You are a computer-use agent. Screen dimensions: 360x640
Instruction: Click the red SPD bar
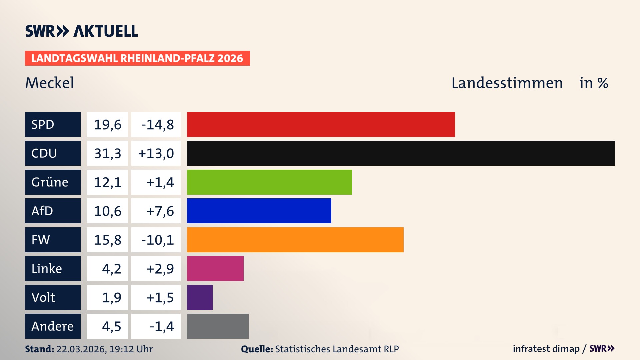point(321,124)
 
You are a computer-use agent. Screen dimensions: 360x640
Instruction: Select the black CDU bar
point(401,153)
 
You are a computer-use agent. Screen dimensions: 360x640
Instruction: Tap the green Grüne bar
point(269,182)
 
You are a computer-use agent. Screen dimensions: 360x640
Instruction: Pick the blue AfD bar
point(259,211)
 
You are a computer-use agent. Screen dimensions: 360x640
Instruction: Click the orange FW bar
point(295,240)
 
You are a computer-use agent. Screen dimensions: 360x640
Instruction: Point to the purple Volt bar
point(200,297)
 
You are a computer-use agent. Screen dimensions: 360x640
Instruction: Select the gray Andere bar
point(218,326)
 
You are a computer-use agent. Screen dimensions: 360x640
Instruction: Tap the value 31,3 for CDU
point(107,153)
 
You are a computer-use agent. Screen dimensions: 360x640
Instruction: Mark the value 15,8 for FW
point(107,240)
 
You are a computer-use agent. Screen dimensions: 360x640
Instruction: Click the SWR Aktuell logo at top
point(81,31)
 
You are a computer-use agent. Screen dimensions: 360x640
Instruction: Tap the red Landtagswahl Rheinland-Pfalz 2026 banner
point(137,58)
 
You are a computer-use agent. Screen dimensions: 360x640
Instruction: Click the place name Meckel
point(49,83)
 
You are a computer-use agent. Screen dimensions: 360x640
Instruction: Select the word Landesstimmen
point(507,83)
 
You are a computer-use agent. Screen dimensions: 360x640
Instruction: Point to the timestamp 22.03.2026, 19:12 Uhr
point(104,349)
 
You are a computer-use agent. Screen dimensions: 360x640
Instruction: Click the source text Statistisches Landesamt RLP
point(337,349)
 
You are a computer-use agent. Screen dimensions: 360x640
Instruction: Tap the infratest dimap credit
point(546,349)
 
